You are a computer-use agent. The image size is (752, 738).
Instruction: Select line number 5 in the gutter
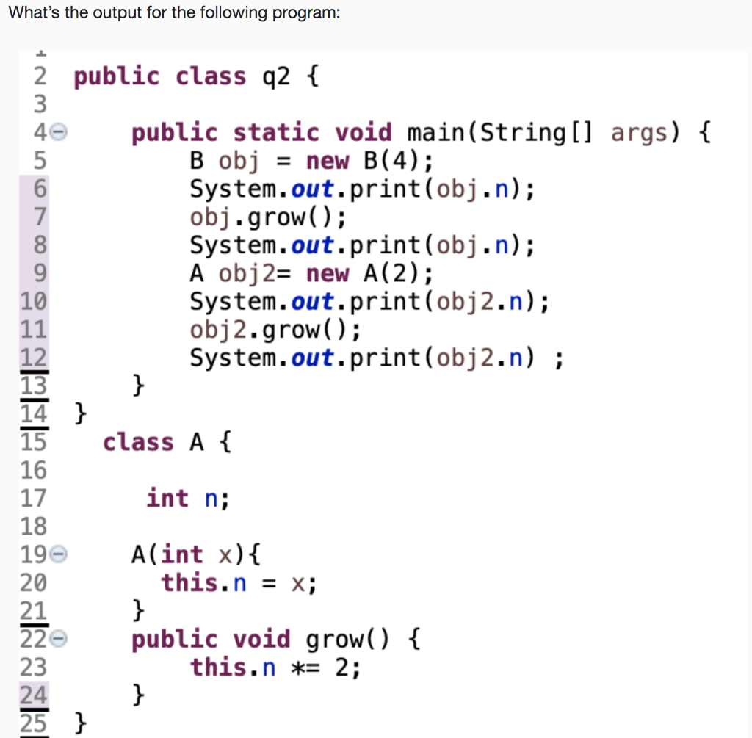coord(38,160)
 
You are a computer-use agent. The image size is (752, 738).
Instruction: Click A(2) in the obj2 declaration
coord(394,273)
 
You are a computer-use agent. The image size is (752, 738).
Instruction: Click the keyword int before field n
coord(167,498)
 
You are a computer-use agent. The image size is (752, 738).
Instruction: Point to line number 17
coord(34,499)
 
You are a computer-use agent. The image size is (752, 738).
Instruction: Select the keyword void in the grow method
coord(261,640)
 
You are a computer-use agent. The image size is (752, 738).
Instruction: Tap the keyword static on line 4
coord(276,133)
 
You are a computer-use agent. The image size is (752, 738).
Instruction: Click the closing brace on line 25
coord(82,724)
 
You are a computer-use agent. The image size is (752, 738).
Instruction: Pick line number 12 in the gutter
coord(34,358)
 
